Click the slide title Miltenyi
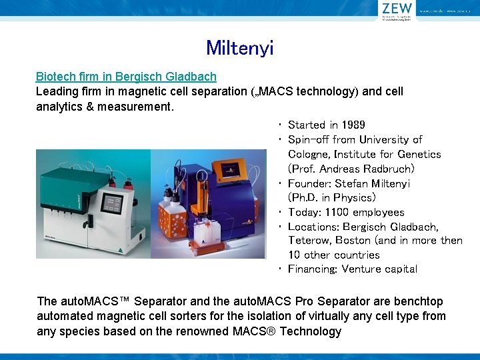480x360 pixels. [239, 48]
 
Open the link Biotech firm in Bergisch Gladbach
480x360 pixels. [126, 77]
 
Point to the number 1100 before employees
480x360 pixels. [337, 212]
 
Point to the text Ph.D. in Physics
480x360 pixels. [332, 197]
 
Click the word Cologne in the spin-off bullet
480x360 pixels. [311, 154]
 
